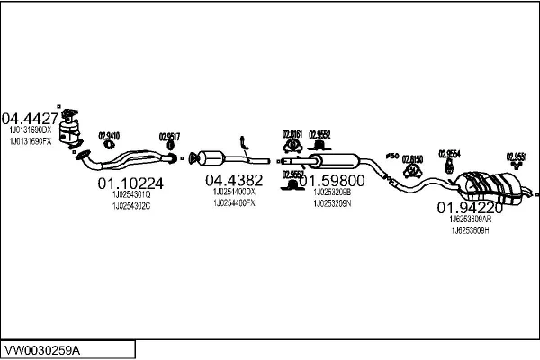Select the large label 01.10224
pyautogui.click(x=130, y=184)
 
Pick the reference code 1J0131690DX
pyautogui.click(x=31, y=131)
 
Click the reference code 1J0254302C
pyautogui.click(x=130, y=206)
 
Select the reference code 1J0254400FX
pyautogui.click(x=234, y=202)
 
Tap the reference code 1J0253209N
pyautogui.click(x=332, y=202)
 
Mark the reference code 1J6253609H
pyautogui.click(x=471, y=230)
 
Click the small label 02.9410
pyautogui.click(x=108, y=136)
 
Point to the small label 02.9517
pyautogui.click(x=169, y=137)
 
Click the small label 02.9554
pyautogui.click(x=449, y=153)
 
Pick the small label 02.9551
pyautogui.click(x=516, y=156)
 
